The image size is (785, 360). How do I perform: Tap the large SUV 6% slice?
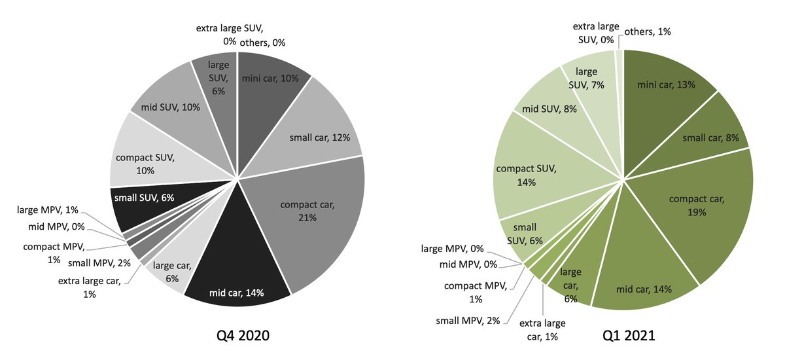click(x=217, y=79)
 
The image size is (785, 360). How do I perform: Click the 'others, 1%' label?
click(x=648, y=31)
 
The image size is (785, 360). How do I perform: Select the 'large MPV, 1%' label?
click(x=47, y=209)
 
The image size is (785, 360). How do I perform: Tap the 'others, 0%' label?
click(x=262, y=43)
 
